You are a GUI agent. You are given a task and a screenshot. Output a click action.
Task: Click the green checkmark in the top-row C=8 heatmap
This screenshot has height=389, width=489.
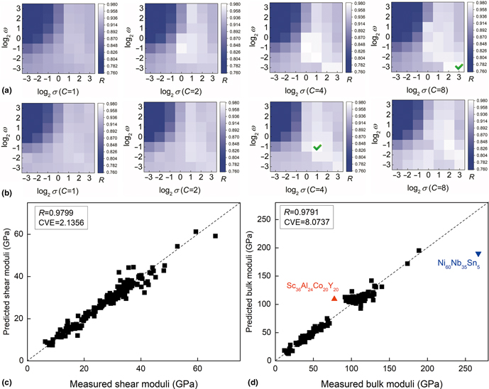[459, 67]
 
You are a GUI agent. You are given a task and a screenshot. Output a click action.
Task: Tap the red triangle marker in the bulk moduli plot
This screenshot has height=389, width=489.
[334, 298]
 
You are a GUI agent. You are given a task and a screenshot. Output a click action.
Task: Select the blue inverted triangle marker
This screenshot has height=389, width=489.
[478, 274]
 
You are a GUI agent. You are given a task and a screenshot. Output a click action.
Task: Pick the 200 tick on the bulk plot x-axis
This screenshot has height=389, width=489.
[427, 368]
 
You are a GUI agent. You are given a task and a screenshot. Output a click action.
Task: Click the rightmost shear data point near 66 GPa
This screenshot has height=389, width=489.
[216, 236]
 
